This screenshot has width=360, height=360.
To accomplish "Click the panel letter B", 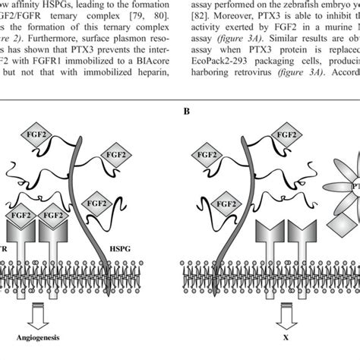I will click(x=185, y=111).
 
